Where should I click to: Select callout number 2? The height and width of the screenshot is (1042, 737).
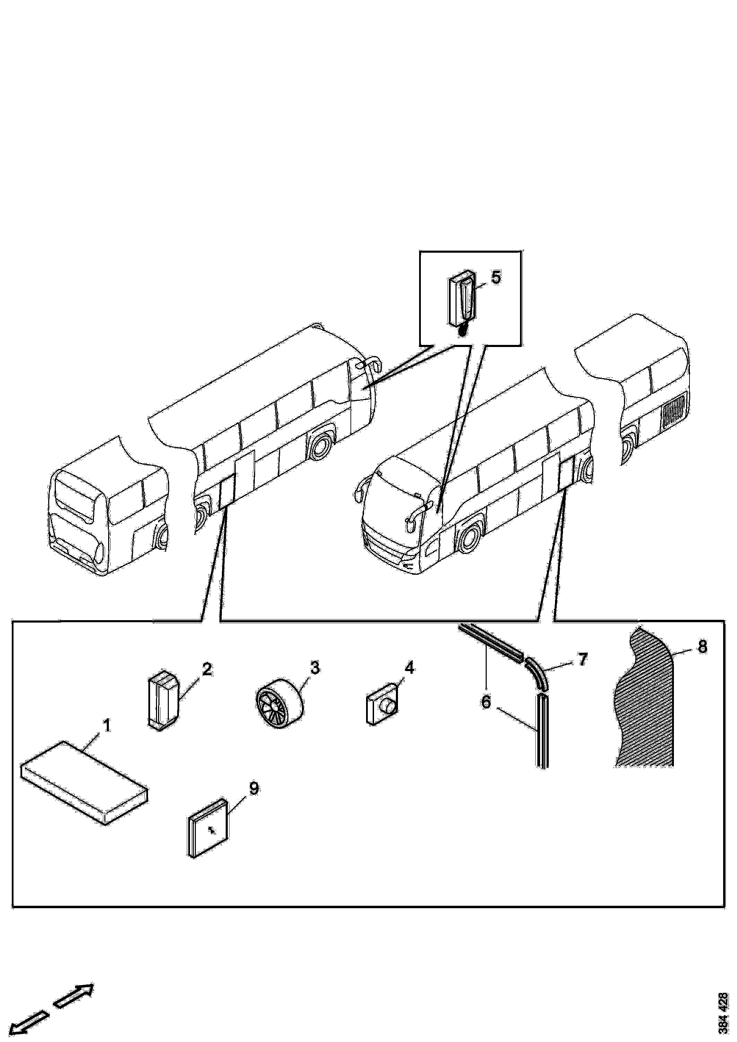coord(207,670)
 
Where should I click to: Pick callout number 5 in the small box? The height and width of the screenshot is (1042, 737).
coord(496,277)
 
